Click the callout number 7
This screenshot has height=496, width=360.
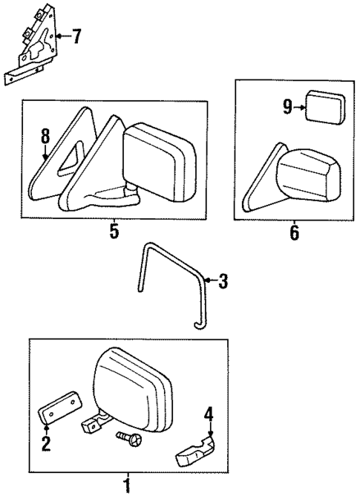click(x=76, y=36)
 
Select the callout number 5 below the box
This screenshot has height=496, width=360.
click(x=114, y=231)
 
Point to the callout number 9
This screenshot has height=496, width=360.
click(x=287, y=108)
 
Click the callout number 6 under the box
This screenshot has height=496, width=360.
click(x=293, y=232)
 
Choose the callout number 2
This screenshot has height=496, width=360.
click(x=46, y=444)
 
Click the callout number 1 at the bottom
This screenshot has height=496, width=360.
click(x=127, y=486)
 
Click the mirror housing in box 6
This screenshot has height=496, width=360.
click(x=305, y=179)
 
